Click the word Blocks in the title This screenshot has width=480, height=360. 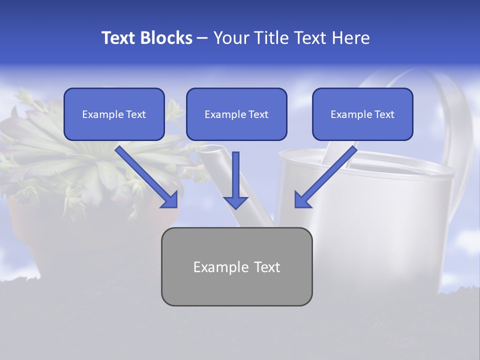[167, 38]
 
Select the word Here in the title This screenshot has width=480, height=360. [350, 38]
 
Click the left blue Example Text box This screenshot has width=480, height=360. [114, 114]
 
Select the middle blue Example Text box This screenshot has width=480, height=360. [236, 114]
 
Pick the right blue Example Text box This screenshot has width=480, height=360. [362, 114]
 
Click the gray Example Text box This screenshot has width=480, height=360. [236, 267]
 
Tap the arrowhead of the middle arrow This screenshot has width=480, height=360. [235, 201]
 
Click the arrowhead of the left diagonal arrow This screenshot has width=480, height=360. [170, 200]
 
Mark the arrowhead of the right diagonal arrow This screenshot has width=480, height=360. [302, 200]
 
